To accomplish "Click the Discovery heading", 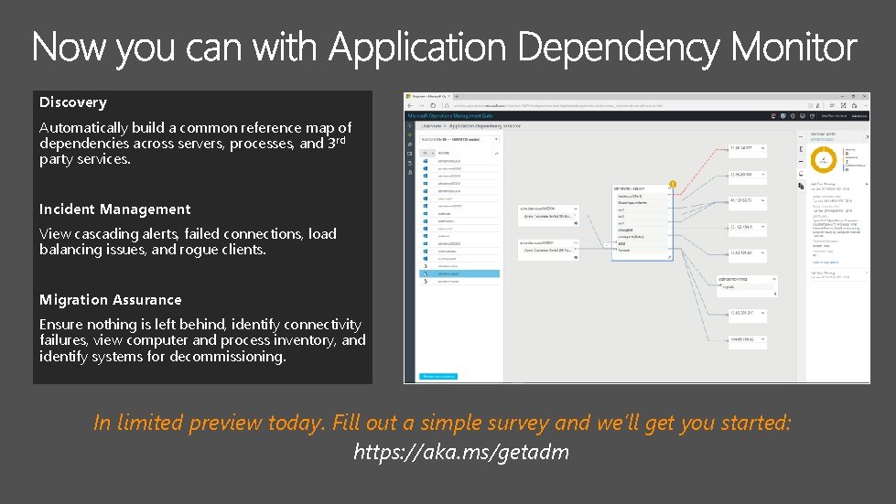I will [73, 102].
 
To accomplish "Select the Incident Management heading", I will [115, 209].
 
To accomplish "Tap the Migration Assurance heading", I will [111, 300].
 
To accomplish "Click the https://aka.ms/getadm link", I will [461, 452].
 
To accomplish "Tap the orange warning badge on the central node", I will [673, 185].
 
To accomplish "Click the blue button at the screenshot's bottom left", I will [438, 376].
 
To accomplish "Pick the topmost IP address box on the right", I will [751, 148].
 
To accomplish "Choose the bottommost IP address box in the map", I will [751, 341].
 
